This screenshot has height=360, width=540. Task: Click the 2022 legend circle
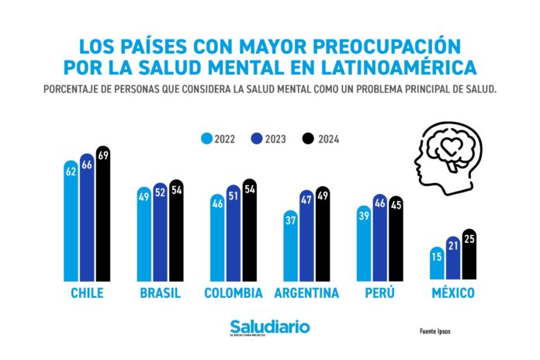pos(206,139)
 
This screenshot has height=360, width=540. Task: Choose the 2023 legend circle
pos(255,139)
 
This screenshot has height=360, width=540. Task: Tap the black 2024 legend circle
pos(306,139)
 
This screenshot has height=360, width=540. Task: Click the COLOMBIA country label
pos(234,294)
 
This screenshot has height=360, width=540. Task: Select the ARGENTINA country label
pos(306,294)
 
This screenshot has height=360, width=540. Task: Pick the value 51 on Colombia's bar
pos(234,193)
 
